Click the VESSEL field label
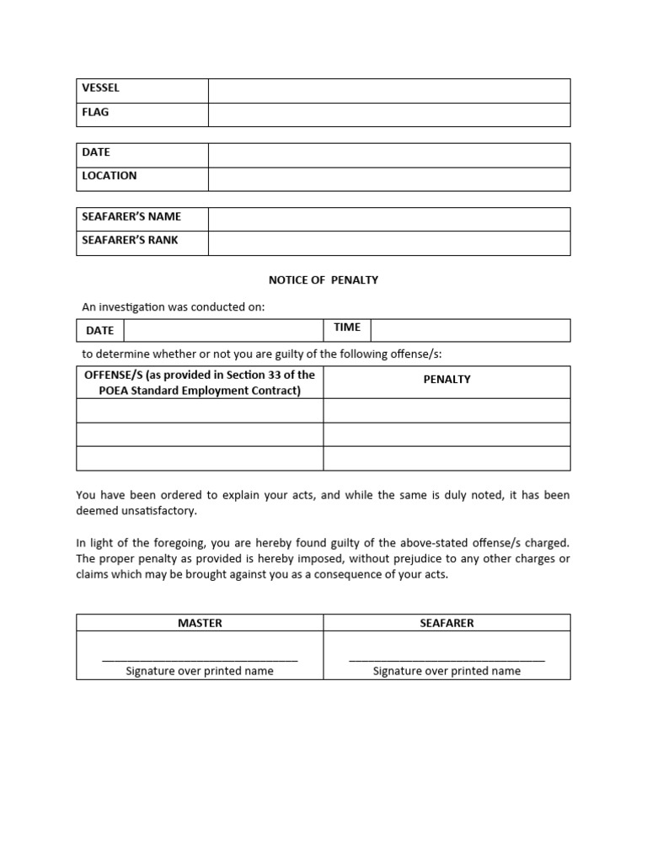tap(100, 88)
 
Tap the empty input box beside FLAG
tap(388, 114)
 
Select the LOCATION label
tap(109, 176)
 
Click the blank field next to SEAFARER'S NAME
tap(388, 219)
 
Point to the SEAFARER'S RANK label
tap(130, 240)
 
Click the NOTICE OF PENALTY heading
tap(323, 280)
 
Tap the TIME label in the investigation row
tap(347, 327)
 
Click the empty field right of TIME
tap(470, 330)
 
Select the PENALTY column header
tap(446, 380)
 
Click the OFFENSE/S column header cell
tap(200, 382)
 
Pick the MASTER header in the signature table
tap(200, 623)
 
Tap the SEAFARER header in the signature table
tap(446, 623)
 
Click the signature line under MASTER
tap(200, 660)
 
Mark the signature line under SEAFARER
tap(446, 660)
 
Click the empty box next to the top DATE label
tap(388, 155)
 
